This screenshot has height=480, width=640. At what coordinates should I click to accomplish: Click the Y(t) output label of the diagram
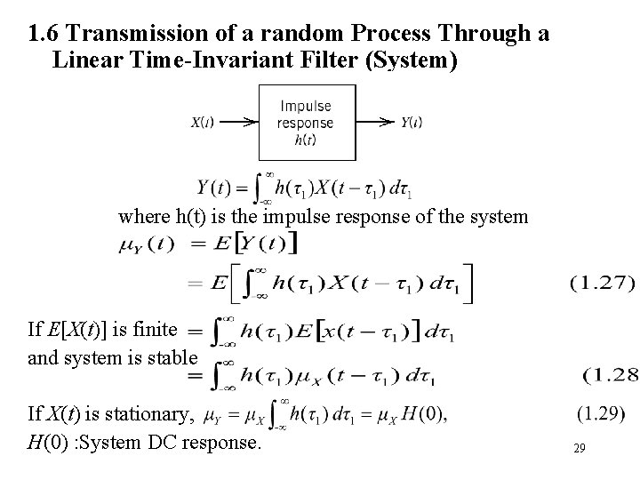[410, 123]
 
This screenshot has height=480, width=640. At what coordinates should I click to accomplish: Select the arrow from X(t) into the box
[236, 123]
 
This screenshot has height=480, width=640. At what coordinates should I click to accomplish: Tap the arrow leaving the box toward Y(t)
[373, 123]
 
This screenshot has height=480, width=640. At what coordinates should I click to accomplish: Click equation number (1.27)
[601, 284]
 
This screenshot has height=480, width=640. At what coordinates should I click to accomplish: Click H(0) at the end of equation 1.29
[424, 414]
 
